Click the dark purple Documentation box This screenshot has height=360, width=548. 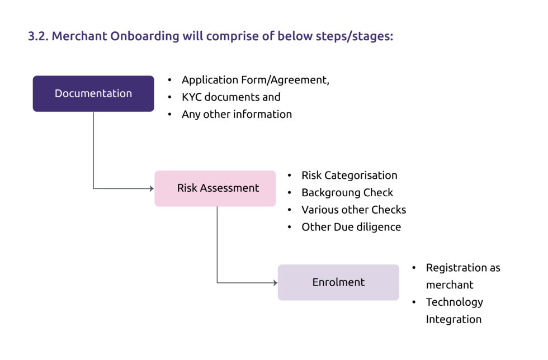tap(93, 94)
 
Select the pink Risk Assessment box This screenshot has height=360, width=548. tap(215, 188)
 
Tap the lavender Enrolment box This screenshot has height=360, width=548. tap(338, 282)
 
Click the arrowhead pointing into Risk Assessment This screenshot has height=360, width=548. tap(152, 189)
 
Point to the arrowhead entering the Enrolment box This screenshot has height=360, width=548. tap(275, 283)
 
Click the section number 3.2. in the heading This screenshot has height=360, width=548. tap(38, 36)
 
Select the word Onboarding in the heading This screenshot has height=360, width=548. tap(145, 36)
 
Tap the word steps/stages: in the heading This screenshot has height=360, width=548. tap(355, 36)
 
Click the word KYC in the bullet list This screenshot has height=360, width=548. tap(191, 97)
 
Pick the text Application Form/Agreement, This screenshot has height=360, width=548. tap(256, 80)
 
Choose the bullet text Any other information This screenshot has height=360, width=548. tap(237, 114)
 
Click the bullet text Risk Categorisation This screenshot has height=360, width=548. tap(349, 175)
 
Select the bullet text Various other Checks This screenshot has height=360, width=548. tap(353, 210)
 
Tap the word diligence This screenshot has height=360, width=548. tap(376, 227)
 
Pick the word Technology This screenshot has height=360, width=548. tap(454, 302)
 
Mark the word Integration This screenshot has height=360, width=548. tap(453, 319)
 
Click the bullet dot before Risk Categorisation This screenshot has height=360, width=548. tap(290, 176)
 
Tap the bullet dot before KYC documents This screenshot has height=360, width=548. tap(169, 97)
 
